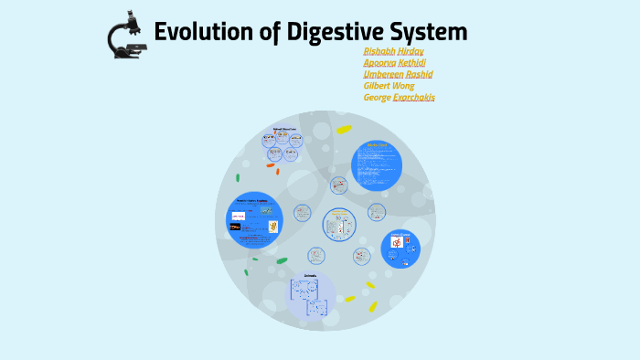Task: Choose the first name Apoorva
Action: coord(380,62)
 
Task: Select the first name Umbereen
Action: coord(384,74)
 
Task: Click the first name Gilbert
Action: coord(378,85)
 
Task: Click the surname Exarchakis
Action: coord(414,97)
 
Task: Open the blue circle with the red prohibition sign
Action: coord(400,249)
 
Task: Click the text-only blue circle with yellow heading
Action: coord(377,162)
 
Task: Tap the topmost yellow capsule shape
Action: coord(344,130)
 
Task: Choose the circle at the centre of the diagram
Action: coord(339,225)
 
